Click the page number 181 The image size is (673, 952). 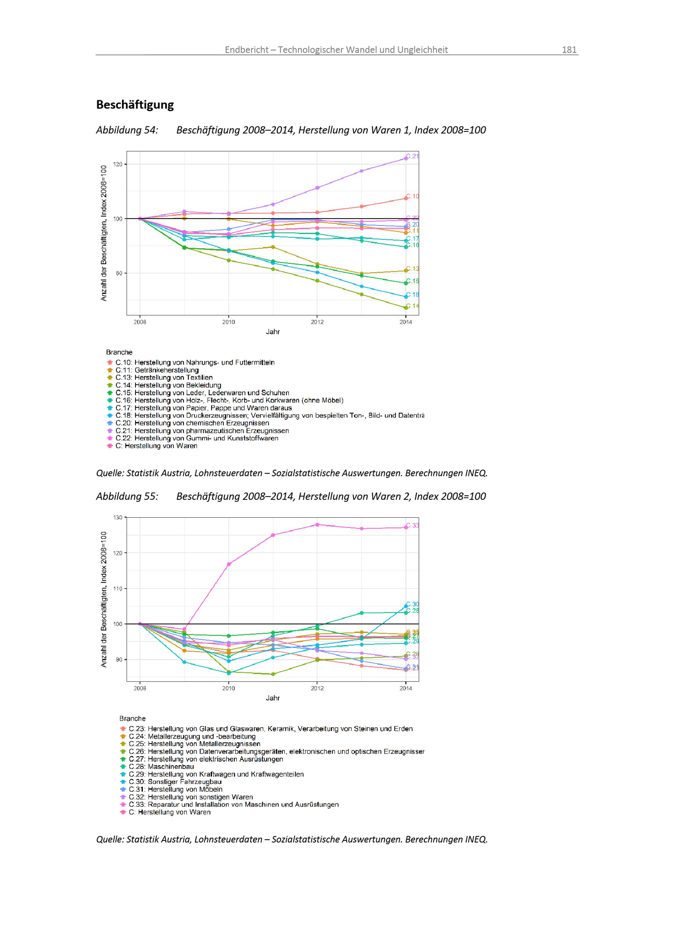click(x=569, y=50)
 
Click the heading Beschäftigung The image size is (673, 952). click(x=135, y=104)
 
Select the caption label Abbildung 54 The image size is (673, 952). click(x=127, y=130)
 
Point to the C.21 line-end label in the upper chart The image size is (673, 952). click(x=412, y=156)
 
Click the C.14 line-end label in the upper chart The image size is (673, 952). click(x=412, y=306)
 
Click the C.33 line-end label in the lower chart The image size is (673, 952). click(x=412, y=525)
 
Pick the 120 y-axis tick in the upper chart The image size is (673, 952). click(x=118, y=164)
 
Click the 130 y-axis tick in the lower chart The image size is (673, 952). click(x=118, y=517)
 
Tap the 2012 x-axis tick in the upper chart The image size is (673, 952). click(x=317, y=322)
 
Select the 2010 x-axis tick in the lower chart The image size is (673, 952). click(x=228, y=688)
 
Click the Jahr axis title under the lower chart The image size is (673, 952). click(x=273, y=698)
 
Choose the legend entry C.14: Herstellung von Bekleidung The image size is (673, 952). click(x=168, y=385)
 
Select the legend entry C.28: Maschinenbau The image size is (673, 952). click(x=161, y=767)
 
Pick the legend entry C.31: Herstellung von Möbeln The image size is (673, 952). click(x=175, y=789)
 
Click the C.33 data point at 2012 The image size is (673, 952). click(x=317, y=524)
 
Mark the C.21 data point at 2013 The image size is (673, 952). click(x=361, y=171)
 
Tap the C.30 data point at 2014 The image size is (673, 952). click(x=406, y=606)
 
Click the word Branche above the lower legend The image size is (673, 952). click(x=132, y=719)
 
